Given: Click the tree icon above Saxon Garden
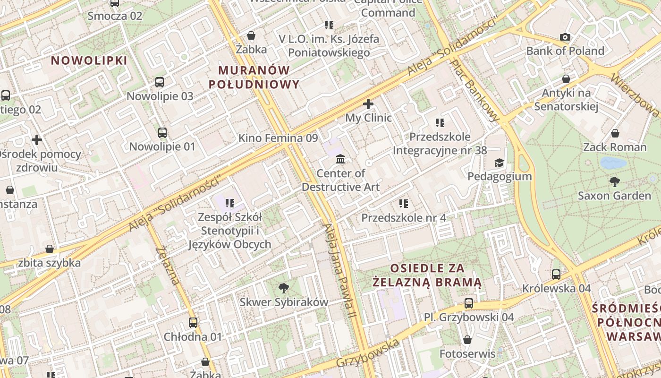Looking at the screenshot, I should [614, 181].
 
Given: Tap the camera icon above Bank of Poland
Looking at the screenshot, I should [565, 37].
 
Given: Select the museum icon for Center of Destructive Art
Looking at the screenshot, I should [340, 159].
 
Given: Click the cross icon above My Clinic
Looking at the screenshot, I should [368, 103].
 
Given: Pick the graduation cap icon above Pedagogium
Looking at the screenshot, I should [499, 163].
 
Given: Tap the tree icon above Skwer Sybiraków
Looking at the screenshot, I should [283, 288].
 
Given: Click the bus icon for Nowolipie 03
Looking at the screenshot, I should [160, 82].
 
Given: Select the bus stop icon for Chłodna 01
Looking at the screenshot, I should [193, 323].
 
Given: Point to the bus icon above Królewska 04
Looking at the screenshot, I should [556, 274].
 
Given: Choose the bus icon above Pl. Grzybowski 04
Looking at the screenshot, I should [468, 303].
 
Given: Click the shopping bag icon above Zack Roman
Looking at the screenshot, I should [615, 134].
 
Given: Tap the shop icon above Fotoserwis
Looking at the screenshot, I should [467, 340].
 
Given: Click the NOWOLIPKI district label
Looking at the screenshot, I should [89, 60].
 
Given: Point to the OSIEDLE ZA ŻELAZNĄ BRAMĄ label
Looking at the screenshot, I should [427, 275].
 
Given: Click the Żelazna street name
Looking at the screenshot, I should [167, 266].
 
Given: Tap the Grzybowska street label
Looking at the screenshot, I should [368, 353].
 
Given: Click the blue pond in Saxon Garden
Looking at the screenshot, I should [613, 163].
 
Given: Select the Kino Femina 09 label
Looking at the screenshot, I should [278, 138].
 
